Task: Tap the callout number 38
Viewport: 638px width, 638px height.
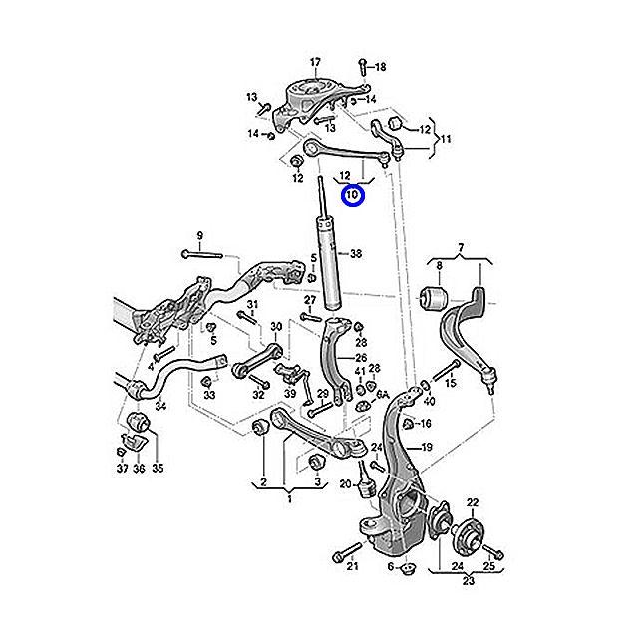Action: pyautogui.click(x=356, y=254)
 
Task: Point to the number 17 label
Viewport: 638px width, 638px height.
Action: pyautogui.click(x=316, y=62)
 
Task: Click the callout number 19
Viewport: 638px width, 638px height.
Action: pyautogui.click(x=426, y=448)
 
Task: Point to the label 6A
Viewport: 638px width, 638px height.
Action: pyautogui.click(x=381, y=395)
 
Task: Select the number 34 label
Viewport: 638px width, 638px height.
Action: pyautogui.click(x=161, y=406)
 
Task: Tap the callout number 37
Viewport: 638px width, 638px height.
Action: pyautogui.click(x=121, y=469)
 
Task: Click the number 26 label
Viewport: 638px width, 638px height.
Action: pyautogui.click(x=361, y=358)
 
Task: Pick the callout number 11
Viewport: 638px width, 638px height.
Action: pyautogui.click(x=446, y=138)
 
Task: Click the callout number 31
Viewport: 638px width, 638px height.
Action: pyautogui.click(x=252, y=304)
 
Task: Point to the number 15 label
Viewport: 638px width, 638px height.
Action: pyautogui.click(x=451, y=383)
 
